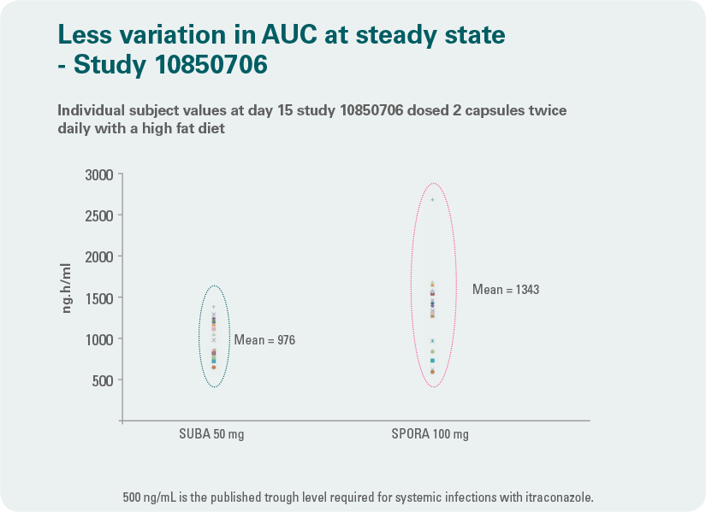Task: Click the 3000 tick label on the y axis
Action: coord(99,174)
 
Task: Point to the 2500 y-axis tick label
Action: coord(99,216)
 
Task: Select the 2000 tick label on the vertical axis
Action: coord(99,257)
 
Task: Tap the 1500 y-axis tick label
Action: coord(99,298)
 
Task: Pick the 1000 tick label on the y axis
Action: coord(99,339)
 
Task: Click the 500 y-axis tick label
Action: coord(103,381)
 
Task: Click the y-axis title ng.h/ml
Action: coord(66,288)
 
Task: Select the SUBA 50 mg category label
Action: coord(211,434)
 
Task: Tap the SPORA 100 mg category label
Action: coord(430,434)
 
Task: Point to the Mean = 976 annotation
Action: coord(264,339)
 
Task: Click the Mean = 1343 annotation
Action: coord(506,289)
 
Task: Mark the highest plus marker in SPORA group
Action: coord(433,200)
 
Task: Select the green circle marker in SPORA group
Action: coord(433,352)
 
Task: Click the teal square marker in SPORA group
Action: coord(433,361)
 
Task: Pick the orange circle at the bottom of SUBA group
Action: coord(214,368)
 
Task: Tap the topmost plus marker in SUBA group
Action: coord(214,308)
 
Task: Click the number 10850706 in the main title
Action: coord(211,64)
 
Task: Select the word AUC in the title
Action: coord(289,35)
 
